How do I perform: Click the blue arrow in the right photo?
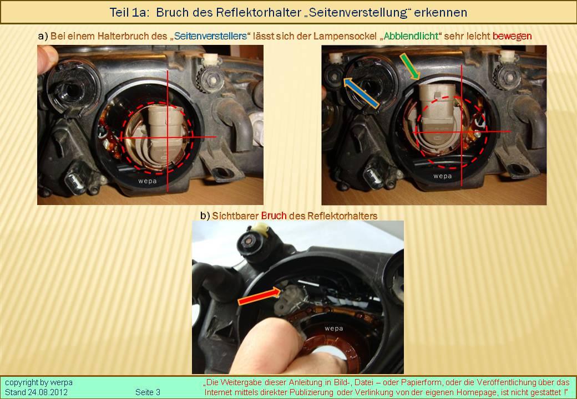point(361,93)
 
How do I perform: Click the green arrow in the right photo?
point(409,66)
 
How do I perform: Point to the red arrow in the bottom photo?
point(260,296)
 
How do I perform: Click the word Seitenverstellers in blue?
point(210,36)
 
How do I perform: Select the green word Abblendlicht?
point(411,36)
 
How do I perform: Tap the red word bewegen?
point(512,36)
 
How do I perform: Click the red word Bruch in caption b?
point(274,216)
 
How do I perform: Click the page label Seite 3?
point(148,392)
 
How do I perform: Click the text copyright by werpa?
point(39,382)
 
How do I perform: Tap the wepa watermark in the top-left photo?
point(147,181)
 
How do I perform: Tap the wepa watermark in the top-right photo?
point(442,176)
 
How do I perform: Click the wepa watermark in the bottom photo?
point(334,329)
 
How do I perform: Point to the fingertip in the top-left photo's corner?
point(47,58)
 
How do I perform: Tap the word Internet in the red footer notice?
point(218,392)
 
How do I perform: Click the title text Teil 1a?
point(129,13)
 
